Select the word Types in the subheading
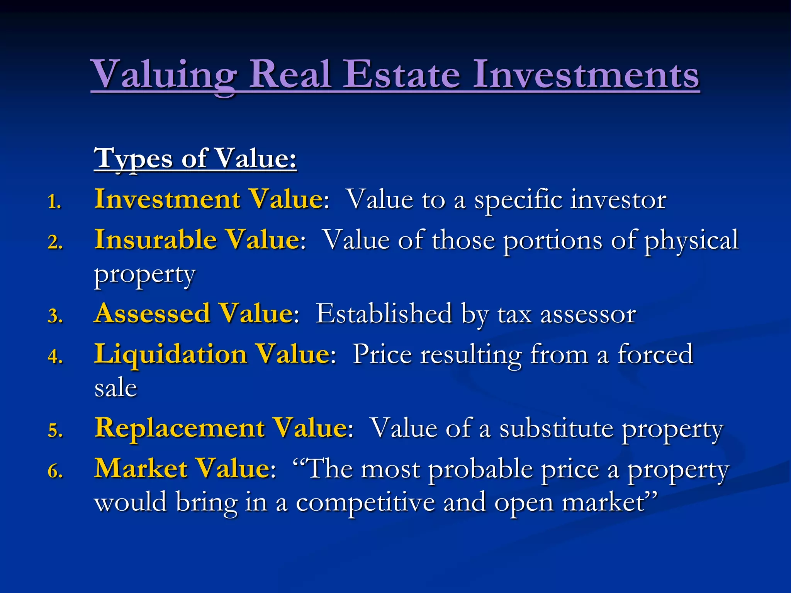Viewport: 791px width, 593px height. point(133,159)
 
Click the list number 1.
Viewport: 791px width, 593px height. point(54,202)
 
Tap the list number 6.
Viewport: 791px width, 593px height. point(55,471)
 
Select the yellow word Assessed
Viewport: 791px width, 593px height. point(153,313)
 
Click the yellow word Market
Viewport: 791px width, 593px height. point(141,469)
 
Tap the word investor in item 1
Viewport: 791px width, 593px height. point(618,200)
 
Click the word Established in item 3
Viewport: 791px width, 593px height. point(384,313)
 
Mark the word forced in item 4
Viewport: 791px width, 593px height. point(655,354)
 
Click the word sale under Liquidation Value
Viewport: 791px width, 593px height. point(115,388)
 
